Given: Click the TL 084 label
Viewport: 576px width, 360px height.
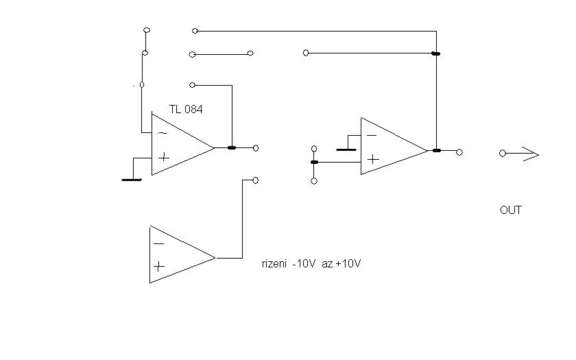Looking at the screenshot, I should [186, 109].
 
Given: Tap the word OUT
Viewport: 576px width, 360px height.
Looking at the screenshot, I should [511, 210].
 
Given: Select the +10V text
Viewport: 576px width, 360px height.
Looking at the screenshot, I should [348, 263].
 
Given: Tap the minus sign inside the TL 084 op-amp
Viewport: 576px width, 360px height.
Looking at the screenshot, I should [162, 132].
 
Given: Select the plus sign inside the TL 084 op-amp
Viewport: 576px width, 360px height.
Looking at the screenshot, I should [163, 157].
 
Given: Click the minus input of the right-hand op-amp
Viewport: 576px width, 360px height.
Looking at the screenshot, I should [371, 136].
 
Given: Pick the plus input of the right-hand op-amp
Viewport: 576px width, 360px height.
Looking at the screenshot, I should [372, 159].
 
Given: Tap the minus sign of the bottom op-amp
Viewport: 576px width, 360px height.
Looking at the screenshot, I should [159, 243].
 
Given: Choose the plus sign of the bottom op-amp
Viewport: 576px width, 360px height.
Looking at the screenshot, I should [159, 267].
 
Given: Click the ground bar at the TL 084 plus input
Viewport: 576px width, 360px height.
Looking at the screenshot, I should [131, 180].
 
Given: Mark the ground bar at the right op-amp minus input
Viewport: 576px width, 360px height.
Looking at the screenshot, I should [346, 148].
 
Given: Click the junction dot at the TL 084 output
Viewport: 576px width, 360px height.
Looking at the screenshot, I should [232, 147].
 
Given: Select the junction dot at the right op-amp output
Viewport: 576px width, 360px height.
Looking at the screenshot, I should [436, 151].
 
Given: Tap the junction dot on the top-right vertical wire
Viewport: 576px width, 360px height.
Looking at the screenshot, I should [436, 53].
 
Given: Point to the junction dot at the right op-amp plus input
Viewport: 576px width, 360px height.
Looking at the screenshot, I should [314, 162].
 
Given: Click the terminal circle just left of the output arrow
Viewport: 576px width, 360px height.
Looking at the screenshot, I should [503, 154].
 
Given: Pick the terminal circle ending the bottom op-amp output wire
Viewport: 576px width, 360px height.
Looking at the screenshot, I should [256, 180].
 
